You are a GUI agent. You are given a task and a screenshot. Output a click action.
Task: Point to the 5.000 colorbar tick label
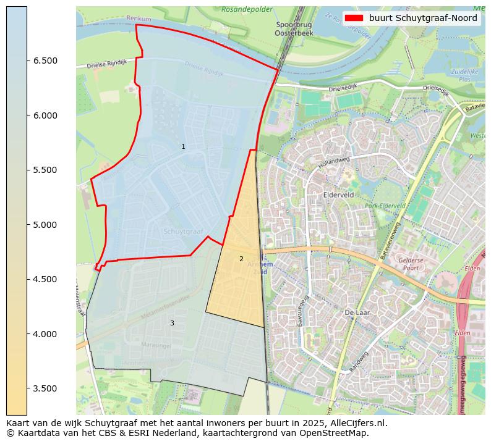click(x=45, y=225)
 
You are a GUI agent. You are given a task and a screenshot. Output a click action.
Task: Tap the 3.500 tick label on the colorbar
click(x=45, y=389)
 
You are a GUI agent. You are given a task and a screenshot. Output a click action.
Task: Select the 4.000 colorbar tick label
click(x=45, y=334)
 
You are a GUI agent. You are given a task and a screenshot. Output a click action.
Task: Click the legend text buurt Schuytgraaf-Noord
click(x=423, y=19)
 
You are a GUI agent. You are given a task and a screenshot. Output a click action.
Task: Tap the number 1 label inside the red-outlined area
click(x=183, y=146)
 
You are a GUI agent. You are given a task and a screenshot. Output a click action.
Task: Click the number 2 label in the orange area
click(x=241, y=259)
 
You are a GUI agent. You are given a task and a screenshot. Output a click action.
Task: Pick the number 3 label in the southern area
click(x=172, y=323)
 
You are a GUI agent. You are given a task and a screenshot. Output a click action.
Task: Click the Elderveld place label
click(x=338, y=194)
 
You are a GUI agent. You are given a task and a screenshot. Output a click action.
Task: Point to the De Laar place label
click(x=357, y=313)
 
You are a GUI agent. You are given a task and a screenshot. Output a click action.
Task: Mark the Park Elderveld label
click(x=385, y=206)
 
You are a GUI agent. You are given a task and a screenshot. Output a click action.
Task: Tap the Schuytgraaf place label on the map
click(x=184, y=231)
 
